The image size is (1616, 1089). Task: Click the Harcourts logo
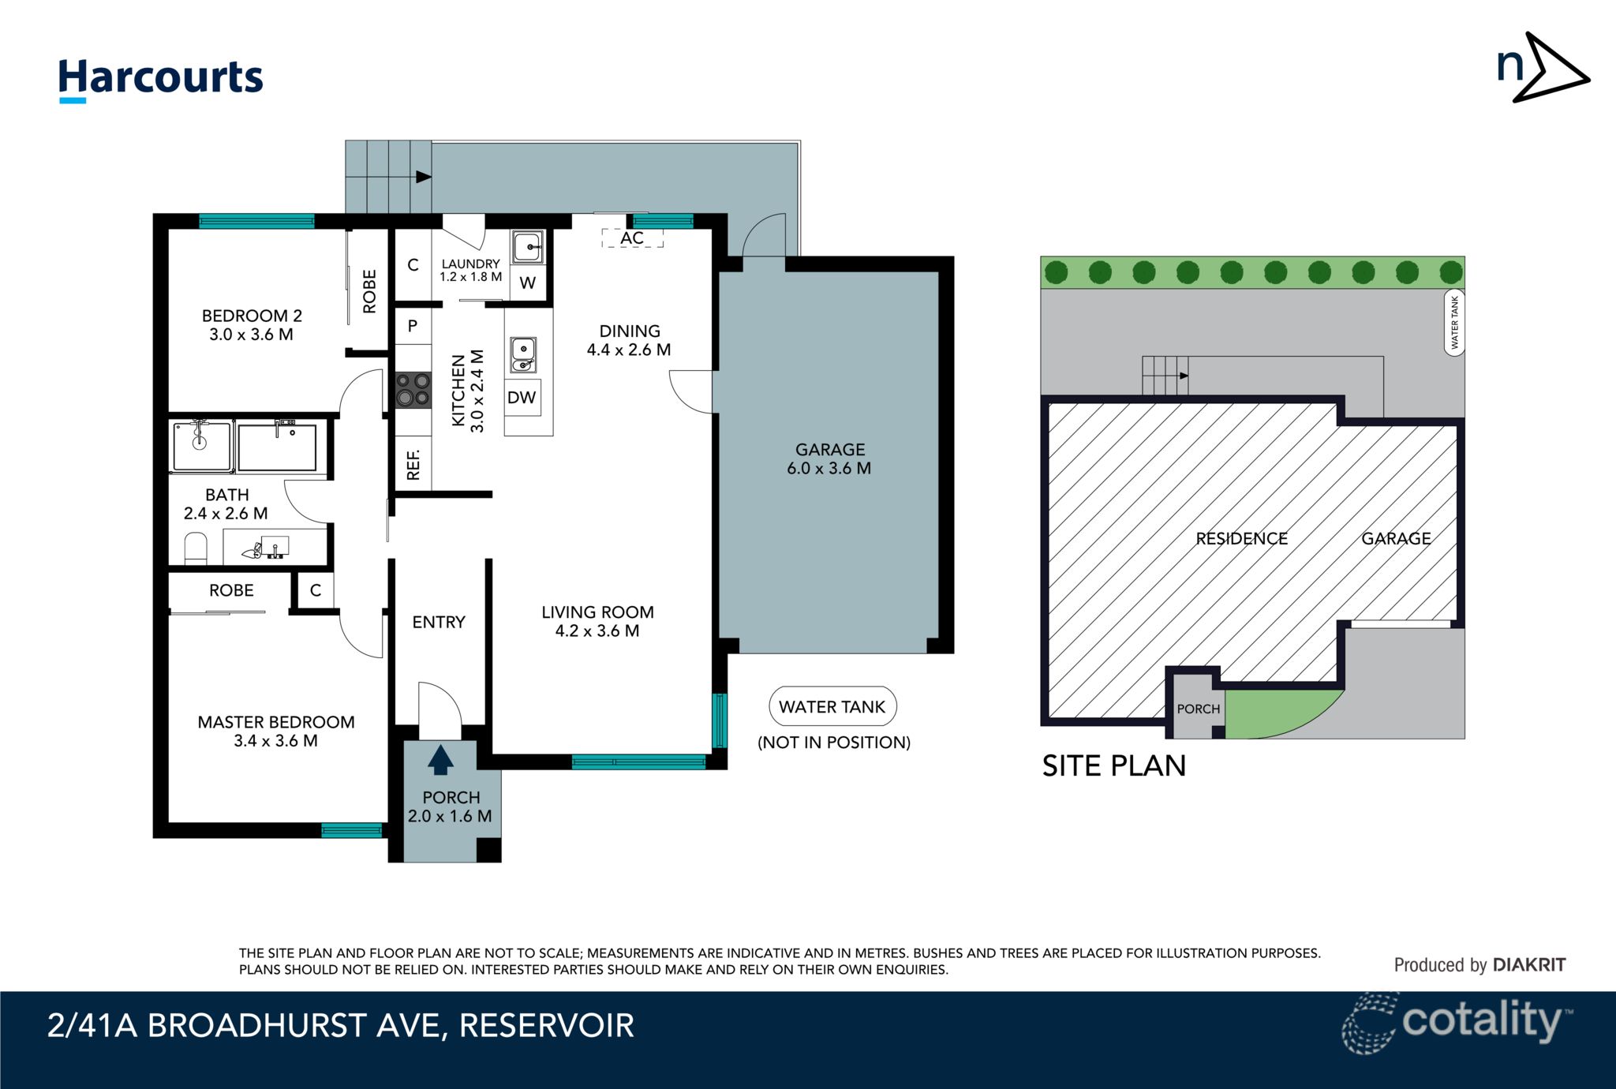click(x=160, y=79)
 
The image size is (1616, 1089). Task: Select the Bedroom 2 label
click(x=252, y=316)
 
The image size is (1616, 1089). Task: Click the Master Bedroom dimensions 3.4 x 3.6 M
click(x=275, y=741)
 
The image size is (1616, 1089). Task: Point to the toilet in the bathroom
click(x=195, y=548)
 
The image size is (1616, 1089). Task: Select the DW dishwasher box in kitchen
click(x=522, y=398)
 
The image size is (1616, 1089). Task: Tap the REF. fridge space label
click(x=413, y=465)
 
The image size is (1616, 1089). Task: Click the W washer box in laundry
click(x=528, y=283)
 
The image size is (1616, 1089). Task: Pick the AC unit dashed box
click(x=632, y=238)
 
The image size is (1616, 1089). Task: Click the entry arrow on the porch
click(x=440, y=760)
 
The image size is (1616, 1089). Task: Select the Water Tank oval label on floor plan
click(x=832, y=707)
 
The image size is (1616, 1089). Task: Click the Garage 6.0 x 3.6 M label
click(x=829, y=458)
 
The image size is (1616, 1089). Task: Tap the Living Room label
click(x=597, y=612)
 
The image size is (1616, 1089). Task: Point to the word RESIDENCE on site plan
click(x=1241, y=539)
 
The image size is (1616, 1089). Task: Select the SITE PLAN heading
click(x=1113, y=766)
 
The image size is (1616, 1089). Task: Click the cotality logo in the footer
click(x=1457, y=1024)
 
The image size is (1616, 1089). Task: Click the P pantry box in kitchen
click(x=413, y=326)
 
